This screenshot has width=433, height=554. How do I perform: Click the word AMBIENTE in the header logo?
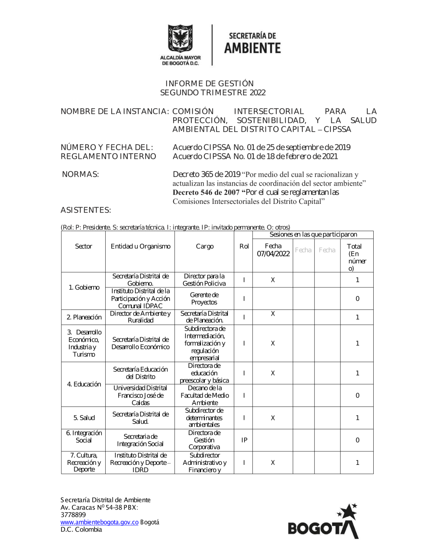pos(252,48)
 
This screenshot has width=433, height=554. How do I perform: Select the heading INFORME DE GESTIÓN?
pos(210,84)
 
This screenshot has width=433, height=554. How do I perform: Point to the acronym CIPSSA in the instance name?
pos(337,129)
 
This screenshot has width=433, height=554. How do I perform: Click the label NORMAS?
pos(81,174)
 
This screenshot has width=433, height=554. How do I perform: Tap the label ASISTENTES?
pos(86,210)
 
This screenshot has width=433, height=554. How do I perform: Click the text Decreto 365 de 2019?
pos(207,174)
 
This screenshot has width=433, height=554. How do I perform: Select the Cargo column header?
pos(204,246)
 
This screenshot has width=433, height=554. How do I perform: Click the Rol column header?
pos(244,246)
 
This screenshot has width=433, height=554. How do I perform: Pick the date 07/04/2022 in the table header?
pos(273,254)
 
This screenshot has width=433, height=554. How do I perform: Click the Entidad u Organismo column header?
pos(140,246)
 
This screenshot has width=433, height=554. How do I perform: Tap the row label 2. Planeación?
pos(84,317)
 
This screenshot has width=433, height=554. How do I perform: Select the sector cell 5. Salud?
pos(84,418)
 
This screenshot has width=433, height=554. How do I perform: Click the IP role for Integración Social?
pos(244,440)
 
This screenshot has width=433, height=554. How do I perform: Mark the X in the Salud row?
pos(273,418)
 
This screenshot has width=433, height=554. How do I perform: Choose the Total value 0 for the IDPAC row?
pos(357,299)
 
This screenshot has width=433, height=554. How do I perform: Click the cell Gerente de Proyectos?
pos(204,299)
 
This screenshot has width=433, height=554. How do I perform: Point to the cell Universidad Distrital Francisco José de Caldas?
pos(140,395)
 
